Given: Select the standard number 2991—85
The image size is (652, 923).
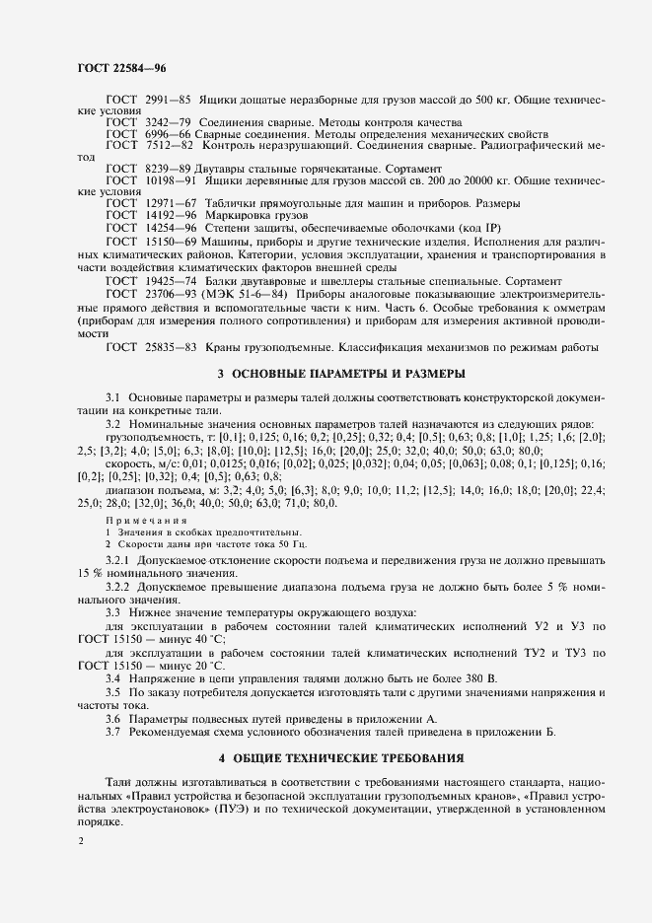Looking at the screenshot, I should point(167,102).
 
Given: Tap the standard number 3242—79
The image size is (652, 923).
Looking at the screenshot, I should point(167,122).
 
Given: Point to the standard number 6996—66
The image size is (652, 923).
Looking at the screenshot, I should point(167,134).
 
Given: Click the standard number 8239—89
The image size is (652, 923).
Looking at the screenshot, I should point(167,169).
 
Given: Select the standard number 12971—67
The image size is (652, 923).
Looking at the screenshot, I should point(170,203).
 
